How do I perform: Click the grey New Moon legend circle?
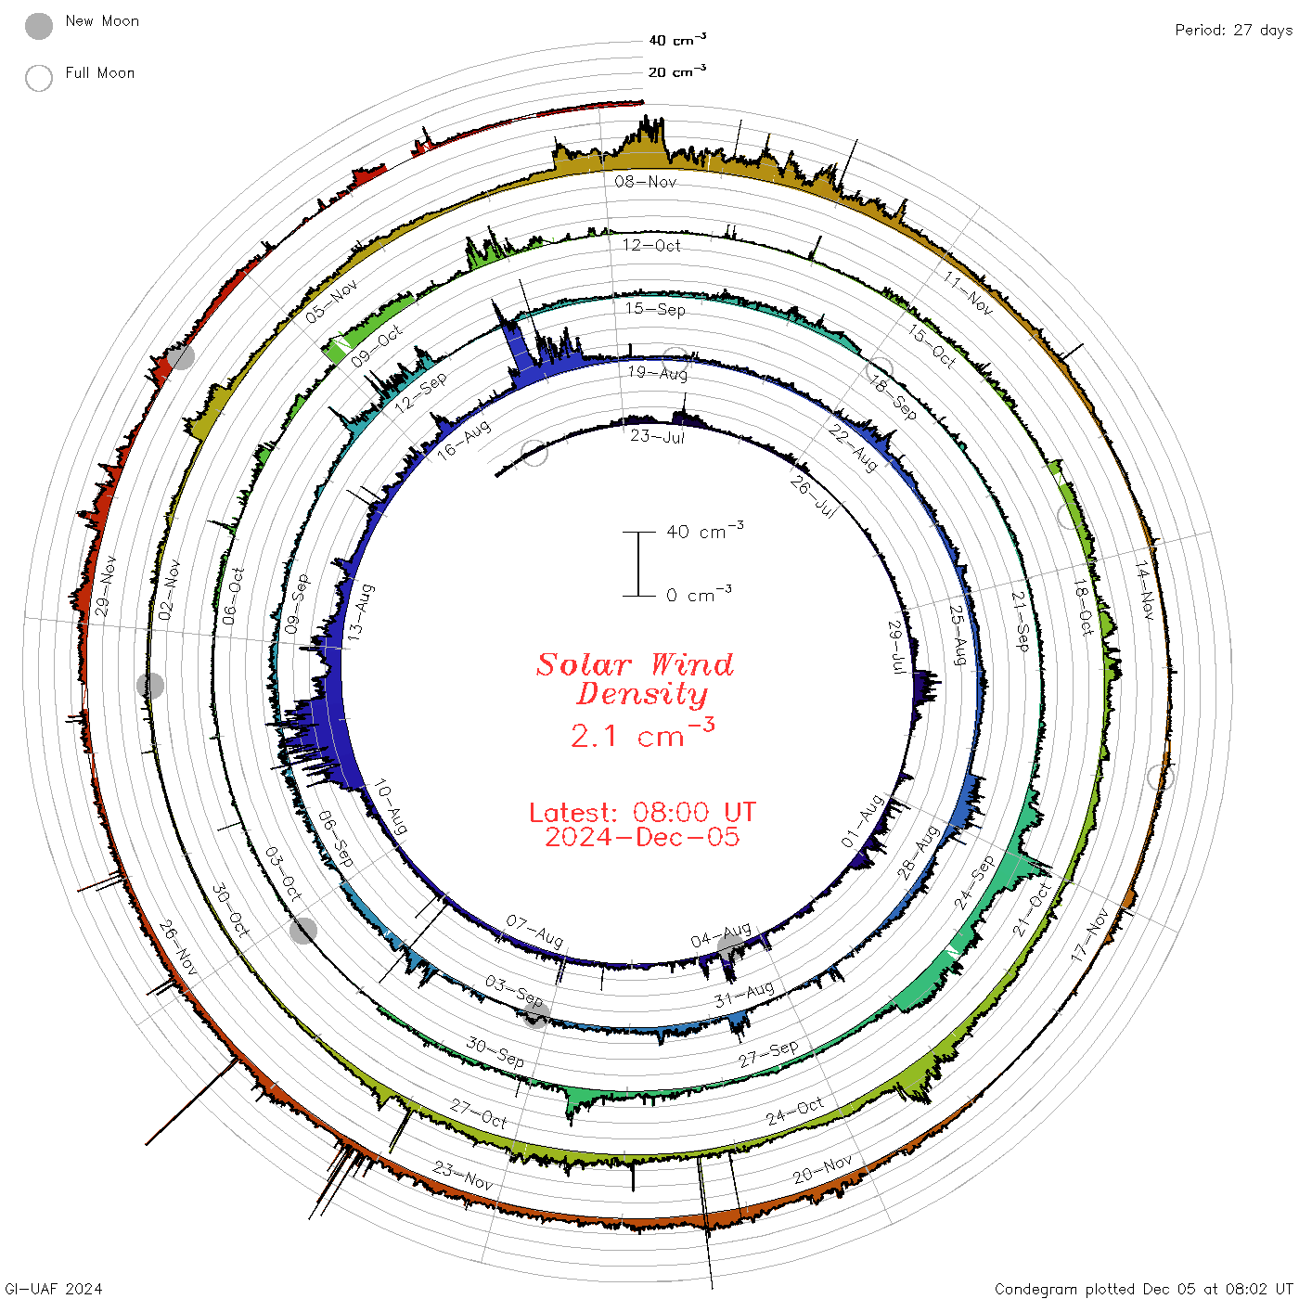(38, 26)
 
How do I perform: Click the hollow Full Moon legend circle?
(38, 78)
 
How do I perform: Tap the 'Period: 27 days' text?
(1233, 31)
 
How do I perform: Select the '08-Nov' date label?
(645, 181)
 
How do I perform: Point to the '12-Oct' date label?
(651, 245)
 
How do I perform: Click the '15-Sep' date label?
(654, 309)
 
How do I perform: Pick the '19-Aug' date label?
(658, 372)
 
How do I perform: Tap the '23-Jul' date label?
(657, 436)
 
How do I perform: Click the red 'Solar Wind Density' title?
(636, 679)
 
